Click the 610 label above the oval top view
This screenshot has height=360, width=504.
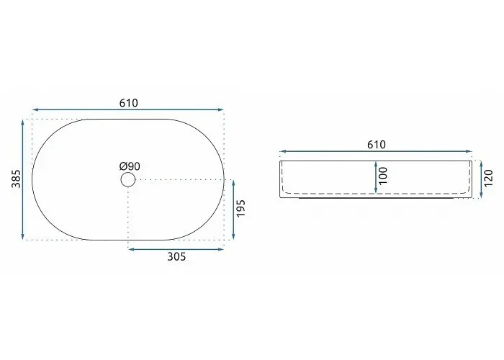click(129, 103)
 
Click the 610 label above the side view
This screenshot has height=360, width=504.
click(377, 145)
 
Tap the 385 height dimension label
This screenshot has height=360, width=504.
click(16, 179)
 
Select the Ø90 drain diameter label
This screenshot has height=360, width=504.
click(130, 166)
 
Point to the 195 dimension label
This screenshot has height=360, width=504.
click(240, 208)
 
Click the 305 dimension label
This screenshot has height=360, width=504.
click(176, 256)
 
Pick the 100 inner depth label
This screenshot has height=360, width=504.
click(383, 176)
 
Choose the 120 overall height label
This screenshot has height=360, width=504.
click(488, 179)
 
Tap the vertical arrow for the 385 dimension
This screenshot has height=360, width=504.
click(22, 180)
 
